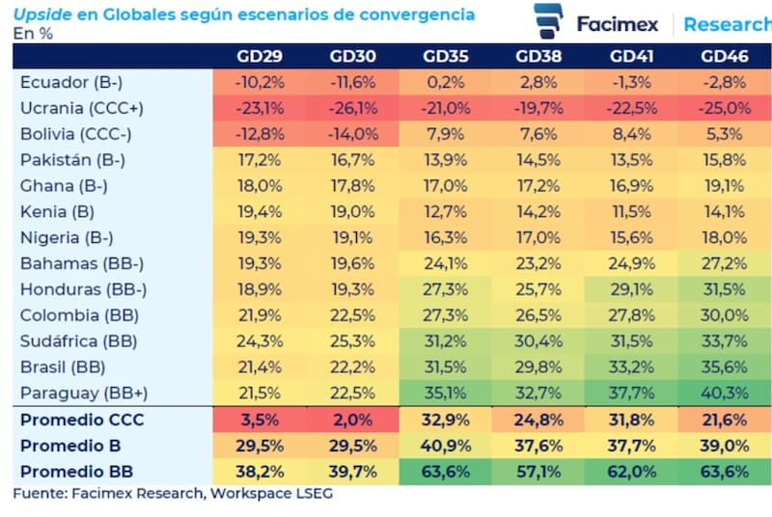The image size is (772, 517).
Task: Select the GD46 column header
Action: tap(725, 56)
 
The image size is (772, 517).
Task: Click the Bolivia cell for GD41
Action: tap(632, 134)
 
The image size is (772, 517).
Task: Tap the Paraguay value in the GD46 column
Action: tap(725, 393)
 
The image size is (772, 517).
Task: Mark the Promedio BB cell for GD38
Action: tap(538, 472)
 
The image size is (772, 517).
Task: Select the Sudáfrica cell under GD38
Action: tap(538, 340)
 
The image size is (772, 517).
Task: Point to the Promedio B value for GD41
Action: tap(632, 446)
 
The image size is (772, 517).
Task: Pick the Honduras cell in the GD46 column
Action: tap(725, 288)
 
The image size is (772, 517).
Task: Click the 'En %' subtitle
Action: tap(32, 33)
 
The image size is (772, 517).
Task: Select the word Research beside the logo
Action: tap(727, 24)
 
